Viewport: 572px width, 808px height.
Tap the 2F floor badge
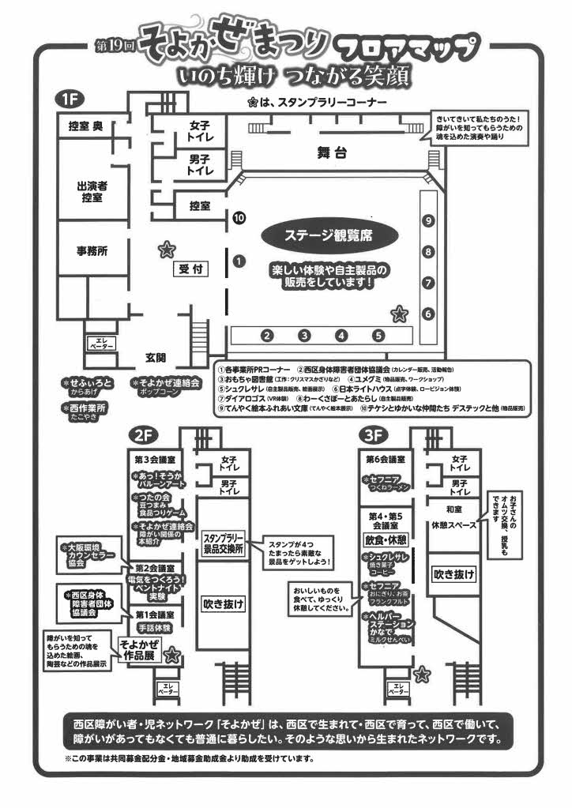(x=143, y=436)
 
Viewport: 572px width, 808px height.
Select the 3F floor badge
(x=371, y=436)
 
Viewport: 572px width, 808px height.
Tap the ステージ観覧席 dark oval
(x=329, y=235)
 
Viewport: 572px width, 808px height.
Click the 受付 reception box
(x=191, y=269)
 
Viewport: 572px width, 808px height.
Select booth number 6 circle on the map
(x=427, y=314)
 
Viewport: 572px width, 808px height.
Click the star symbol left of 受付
(x=166, y=251)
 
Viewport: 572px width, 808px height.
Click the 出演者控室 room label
(x=92, y=191)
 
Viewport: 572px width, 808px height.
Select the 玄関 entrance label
(x=156, y=358)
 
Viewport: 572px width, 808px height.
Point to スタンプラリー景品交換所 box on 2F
(x=222, y=542)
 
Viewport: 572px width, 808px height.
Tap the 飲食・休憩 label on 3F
(x=386, y=540)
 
